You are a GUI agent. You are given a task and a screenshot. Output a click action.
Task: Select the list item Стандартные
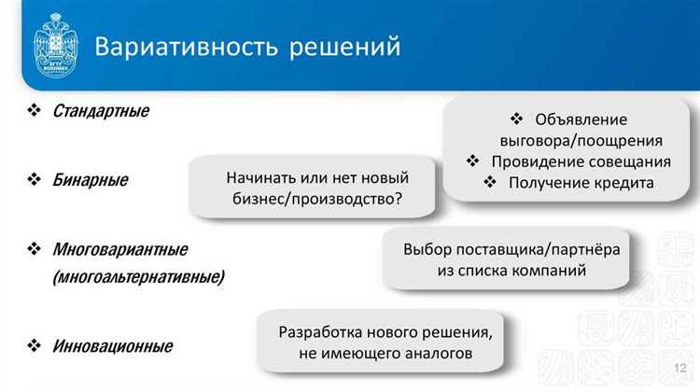coord(101,111)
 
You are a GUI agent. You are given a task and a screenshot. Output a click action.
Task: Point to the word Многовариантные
coord(120,249)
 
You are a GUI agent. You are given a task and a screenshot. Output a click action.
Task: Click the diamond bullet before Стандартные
coord(35,111)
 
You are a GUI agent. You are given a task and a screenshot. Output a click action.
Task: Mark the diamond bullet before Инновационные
coord(35,346)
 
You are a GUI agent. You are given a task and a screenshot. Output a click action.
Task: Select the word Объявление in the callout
coord(581,119)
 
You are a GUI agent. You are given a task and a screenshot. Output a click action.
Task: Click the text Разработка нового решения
coord(385,332)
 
